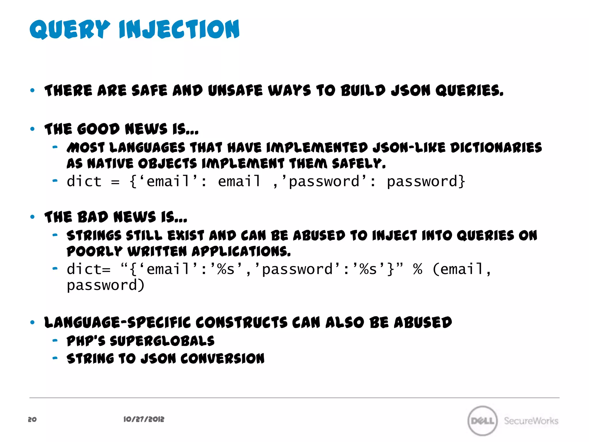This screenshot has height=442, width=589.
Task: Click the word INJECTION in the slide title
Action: click(x=179, y=29)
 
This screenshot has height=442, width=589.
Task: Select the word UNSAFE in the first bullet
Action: click(x=235, y=91)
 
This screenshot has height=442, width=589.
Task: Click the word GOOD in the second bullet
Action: click(x=98, y=129)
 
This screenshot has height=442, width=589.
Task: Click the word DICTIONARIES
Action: click(x=496, y=148)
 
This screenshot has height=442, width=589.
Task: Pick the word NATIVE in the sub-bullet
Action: click(x=110, y=164)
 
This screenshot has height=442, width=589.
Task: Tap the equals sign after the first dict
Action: click(x=115, y=182)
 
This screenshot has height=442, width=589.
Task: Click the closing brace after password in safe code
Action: click(x=462, y=182)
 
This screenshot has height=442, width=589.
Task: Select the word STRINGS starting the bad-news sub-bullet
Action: click(x=94, y=235)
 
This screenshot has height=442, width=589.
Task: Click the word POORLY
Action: click(x=95, y=251)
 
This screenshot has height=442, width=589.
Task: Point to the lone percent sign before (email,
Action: click(x=418, y=269)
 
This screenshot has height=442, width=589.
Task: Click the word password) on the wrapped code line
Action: click(x=105, y=285)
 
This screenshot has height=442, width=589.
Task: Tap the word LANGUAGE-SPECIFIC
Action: click(x=117, y=322)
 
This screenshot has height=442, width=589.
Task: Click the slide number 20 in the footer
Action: click(x=32, y=419)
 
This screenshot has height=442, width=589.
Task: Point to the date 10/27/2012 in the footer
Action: click(x=144, y=419)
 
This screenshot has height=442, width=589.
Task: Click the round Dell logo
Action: click(x=482, y=421)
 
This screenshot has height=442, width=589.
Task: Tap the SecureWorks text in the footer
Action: click(x=531, y=421)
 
